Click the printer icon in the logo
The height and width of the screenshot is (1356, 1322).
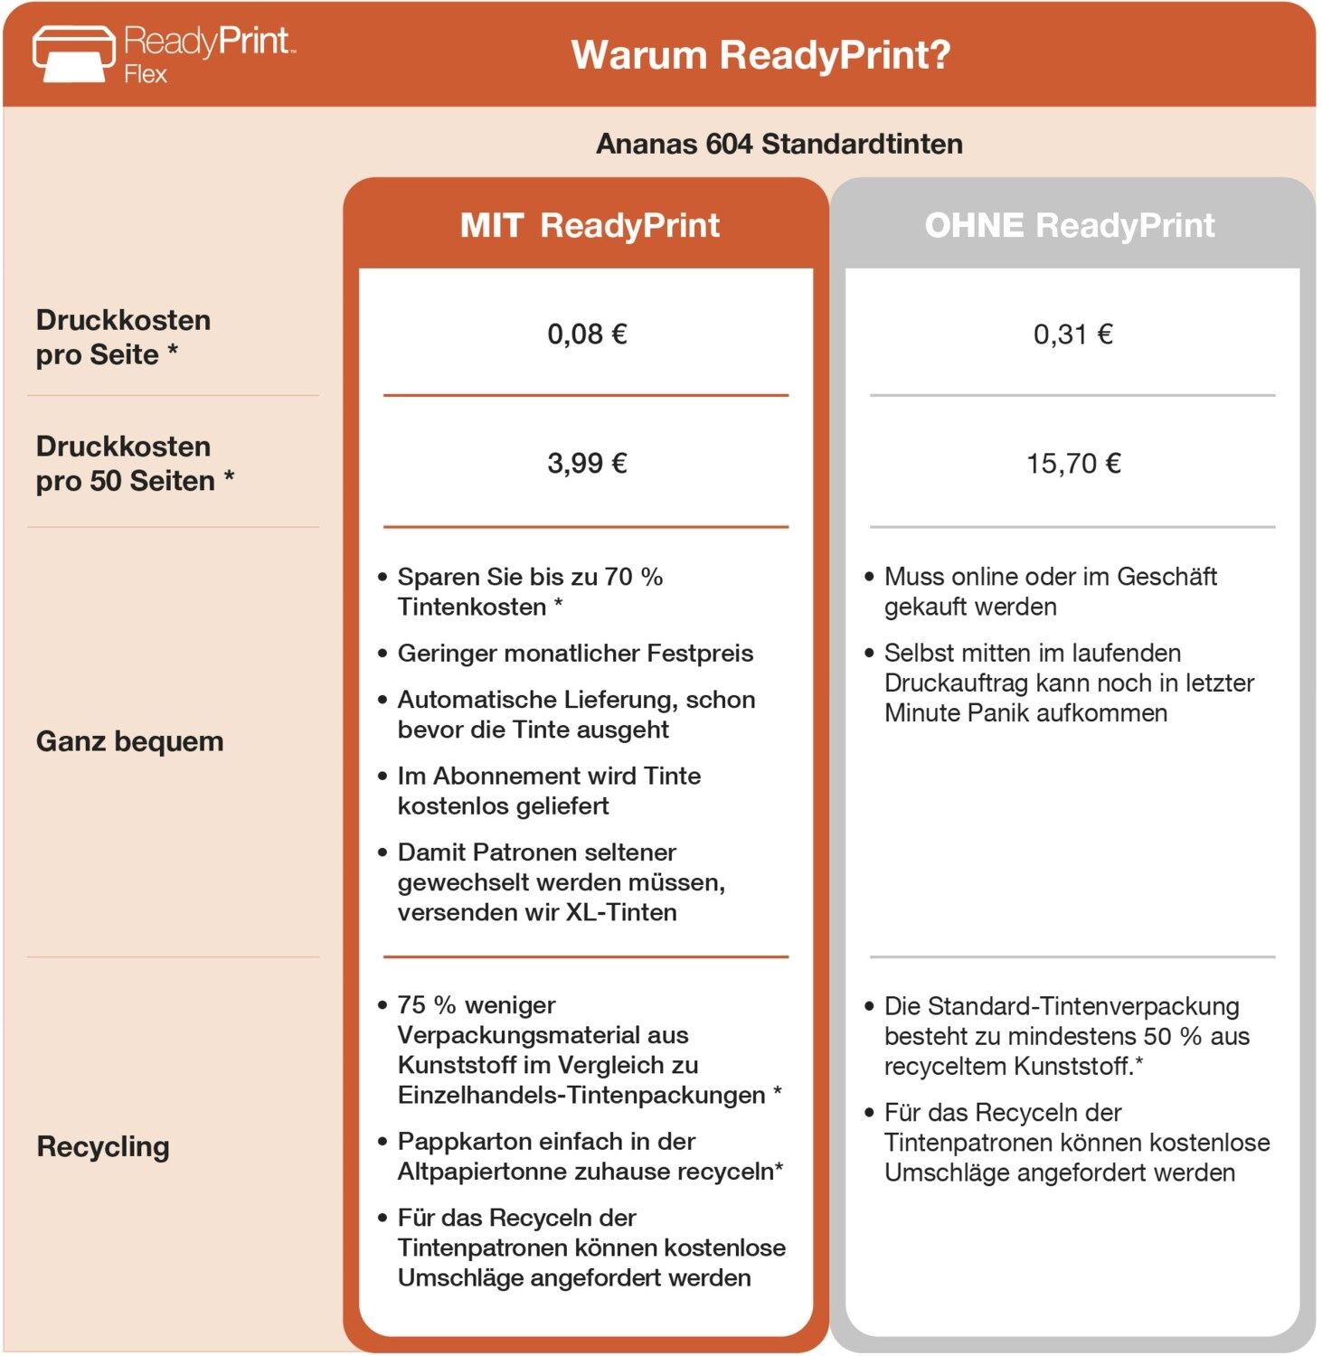pos(73,53)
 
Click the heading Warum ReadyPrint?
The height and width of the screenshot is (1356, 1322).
pos(760,55)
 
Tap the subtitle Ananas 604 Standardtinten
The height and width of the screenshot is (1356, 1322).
pos(779,144)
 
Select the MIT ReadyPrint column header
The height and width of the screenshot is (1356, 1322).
pos(590,225)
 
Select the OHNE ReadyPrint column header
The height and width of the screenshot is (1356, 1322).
pos(1069,225)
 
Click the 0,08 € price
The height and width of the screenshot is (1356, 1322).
pos(587,334)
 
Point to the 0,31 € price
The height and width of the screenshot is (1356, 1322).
pos(1072,334)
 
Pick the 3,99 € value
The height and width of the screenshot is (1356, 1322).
pos(587,464)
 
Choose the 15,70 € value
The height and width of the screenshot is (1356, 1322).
pos(1072,464)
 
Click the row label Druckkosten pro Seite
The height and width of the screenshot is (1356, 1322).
pos(123,337)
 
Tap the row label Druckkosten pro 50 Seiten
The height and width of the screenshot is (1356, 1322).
pos(135,464)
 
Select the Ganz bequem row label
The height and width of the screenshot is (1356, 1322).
pos(129,741)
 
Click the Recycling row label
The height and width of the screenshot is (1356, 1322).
pos(103,1146)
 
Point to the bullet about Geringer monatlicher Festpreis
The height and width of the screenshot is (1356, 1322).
pos(575,653)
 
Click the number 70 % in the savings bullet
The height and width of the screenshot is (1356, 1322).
pos(633,577)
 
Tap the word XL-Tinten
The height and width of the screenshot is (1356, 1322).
pos(621,912)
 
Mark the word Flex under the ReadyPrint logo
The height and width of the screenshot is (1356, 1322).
pos(146,74)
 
